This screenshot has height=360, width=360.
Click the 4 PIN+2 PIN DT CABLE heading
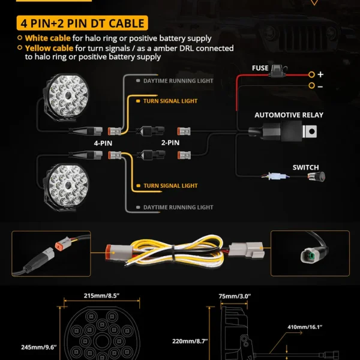click(x=82, y=23)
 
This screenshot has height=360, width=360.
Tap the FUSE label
click(x=260, y=68)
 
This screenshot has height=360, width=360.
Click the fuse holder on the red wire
click(x=278, y=71)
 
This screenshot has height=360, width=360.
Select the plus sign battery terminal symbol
click(x=320, y=74)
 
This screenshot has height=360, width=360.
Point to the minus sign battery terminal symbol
click(x=320, y=86)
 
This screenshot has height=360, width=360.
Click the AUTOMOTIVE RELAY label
click(x=289, y=115)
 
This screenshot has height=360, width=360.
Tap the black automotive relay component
click(x=283, y=131)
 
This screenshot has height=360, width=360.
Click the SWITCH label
click(x=305, y=167)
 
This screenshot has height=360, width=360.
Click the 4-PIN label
click(x=103, y=143)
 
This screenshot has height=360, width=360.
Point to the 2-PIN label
click(x=170, y=143)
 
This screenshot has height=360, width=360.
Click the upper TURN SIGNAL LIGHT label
click(x=170, y=101)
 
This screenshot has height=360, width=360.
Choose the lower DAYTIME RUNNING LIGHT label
click(x=178, y=208)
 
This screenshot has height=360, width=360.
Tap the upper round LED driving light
click(x=66, y=97)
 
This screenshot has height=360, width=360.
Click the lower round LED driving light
click(x=66, y=187)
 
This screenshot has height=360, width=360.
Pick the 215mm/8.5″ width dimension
click(x=101, y=296)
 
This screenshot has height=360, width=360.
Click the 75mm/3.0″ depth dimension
click(x=235, y=296)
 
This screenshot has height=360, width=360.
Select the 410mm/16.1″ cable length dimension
click(x=305, y=327)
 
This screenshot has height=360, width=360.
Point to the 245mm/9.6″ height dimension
click(x=39, y=347)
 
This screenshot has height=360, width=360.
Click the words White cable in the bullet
click(x=48, y=38)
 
